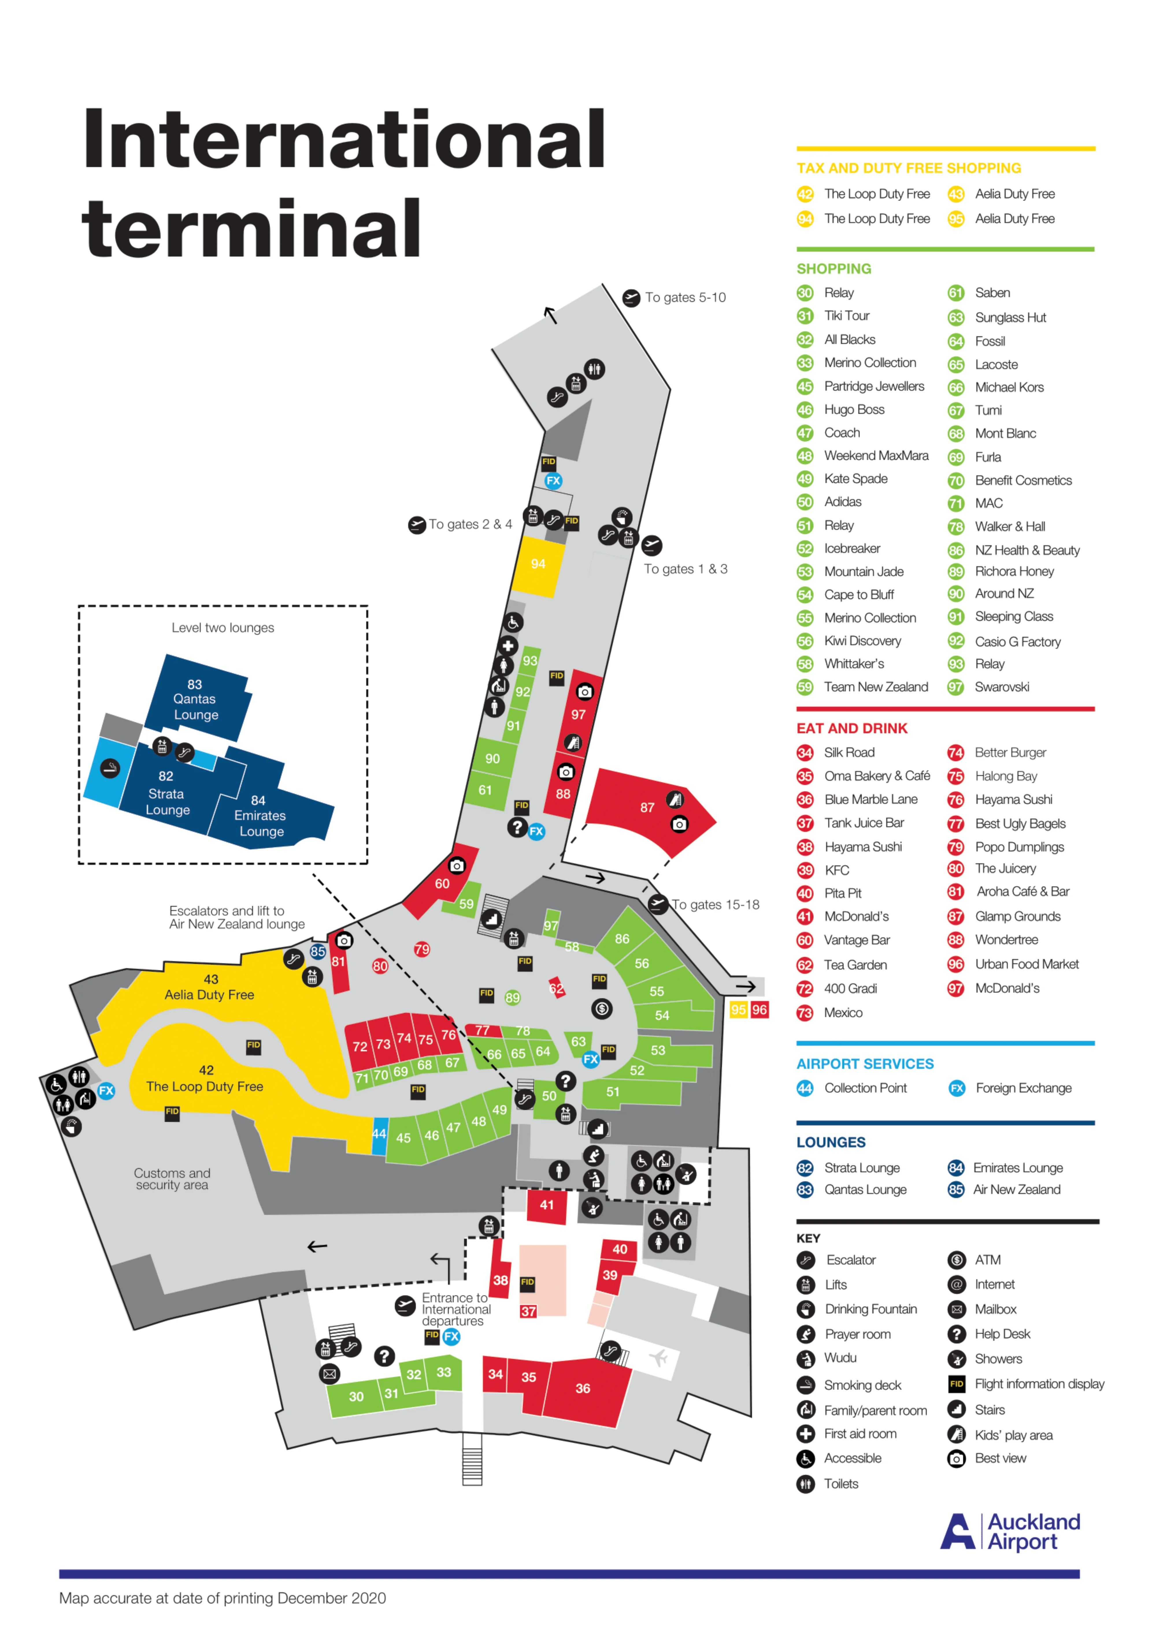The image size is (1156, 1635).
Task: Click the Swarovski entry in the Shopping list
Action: pyautogui.click(x=1001, y=687)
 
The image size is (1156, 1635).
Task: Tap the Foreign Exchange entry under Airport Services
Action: pyautogui.click(x=1023, y=1088)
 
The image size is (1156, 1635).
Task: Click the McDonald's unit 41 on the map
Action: pyautogui.click(x=546, y=1205)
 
